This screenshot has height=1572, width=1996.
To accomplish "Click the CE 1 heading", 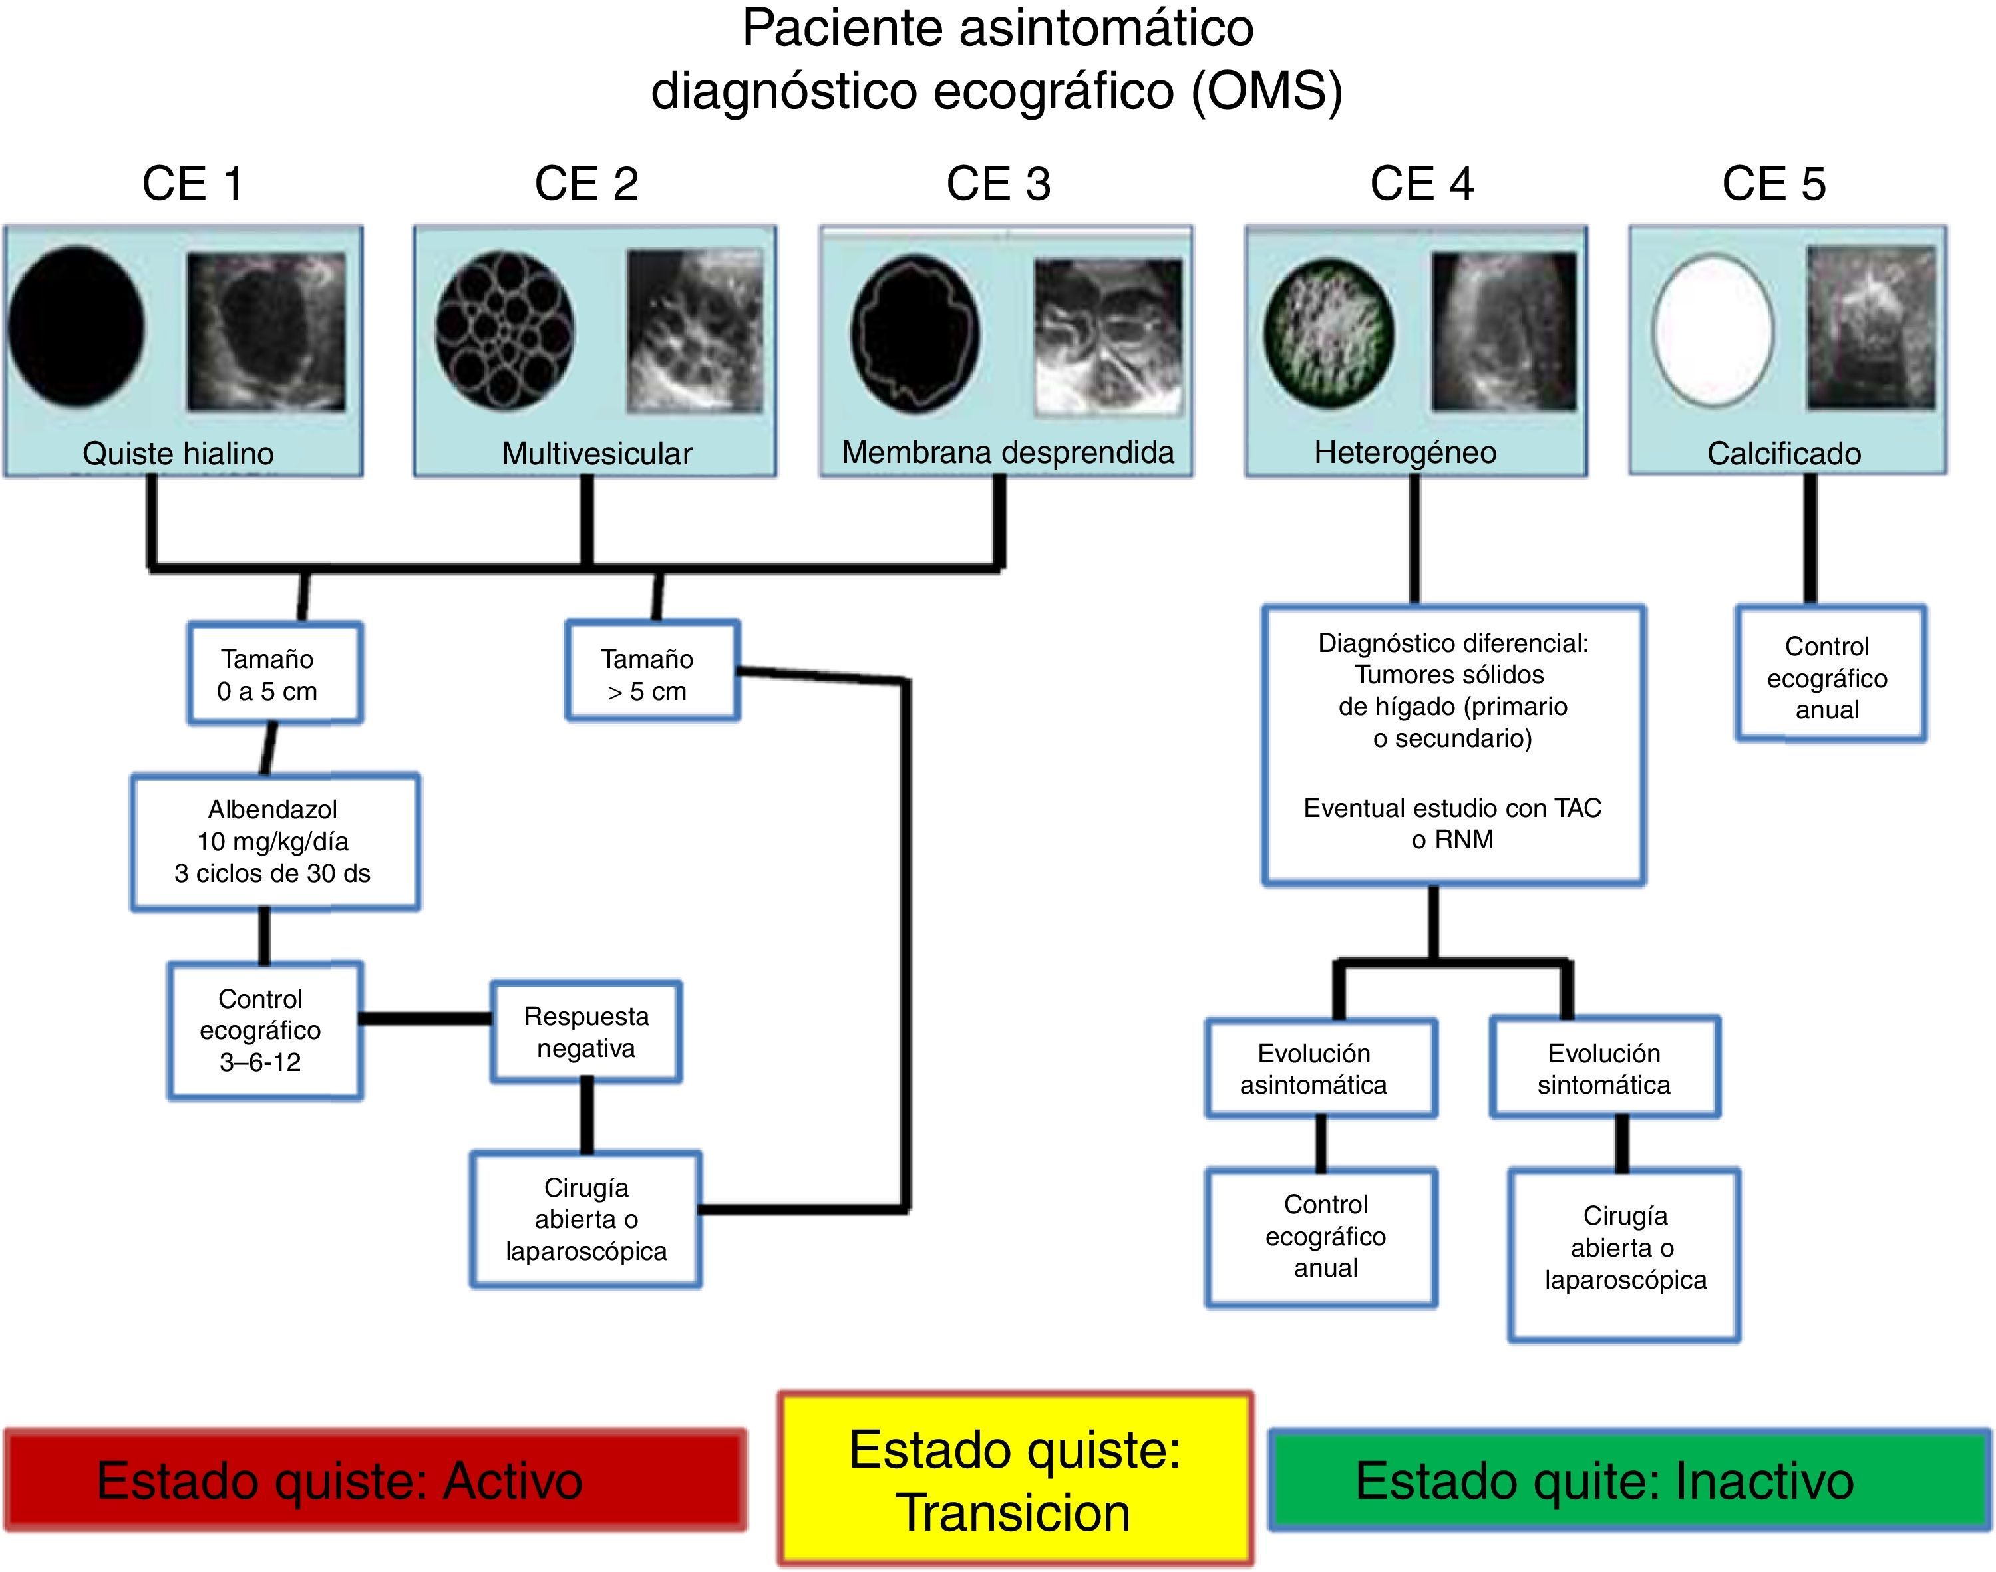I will pyautogui.click(x=192, y=184).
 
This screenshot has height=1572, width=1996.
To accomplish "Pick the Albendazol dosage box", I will pyautogui.click(x=274, y=842).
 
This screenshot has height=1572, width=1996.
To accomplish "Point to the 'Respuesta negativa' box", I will pyautogui.click(x=586, y=1032).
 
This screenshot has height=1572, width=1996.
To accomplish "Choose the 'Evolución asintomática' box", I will pyautogui.click(x=1321, y=1068).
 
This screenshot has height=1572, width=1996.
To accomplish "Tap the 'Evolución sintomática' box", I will pyautogui.click(x=1604, y=1068).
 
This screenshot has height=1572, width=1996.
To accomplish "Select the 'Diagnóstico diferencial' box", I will pyautogui.click(x=1453, y=744).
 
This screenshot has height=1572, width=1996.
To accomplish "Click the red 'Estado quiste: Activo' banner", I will pyautogui.click(x=375, y=1480).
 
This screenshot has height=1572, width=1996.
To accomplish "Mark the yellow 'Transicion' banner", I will pyautogui.click(x=1015, y=1480).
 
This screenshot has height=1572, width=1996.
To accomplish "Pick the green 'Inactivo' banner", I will pyautogui.click(x=1629, y=1480).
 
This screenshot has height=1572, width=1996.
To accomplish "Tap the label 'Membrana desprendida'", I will pyautogui.click(x=1008, y=453).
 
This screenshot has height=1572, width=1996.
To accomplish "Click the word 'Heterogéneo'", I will pyautogui.click(x=1405, y=453).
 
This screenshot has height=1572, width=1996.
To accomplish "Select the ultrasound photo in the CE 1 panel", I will pyautogui.click(x=266, y=332).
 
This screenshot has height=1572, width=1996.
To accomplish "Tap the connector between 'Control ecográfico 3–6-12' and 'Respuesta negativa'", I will pyautogui.click(x=425, y=1018).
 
